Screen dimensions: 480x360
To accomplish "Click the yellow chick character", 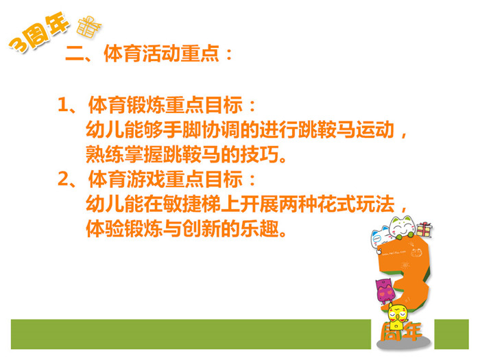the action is point(397,316).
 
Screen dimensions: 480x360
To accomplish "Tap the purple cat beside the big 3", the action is point(385,290).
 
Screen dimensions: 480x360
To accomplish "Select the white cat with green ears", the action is point(403,227).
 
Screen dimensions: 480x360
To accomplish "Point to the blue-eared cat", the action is point(380,237).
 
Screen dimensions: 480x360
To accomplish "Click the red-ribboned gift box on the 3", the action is point(424,230).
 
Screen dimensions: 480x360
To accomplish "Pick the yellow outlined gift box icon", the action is point(88,27).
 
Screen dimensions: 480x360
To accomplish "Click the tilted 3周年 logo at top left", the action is point(39,32).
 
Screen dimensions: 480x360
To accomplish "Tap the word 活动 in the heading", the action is point(161,54).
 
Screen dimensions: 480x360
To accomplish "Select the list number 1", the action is point(62,104).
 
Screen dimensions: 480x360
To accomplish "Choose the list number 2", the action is point(63,179).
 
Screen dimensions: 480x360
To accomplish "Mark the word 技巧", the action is point(259,154).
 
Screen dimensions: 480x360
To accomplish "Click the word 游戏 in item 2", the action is point(146,179).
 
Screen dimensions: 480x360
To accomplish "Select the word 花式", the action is point(337,204).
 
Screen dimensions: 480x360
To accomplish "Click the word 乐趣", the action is point(259,229).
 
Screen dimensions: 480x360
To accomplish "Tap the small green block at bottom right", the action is point(451,334).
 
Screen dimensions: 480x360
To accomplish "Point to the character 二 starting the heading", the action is point(74,54).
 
